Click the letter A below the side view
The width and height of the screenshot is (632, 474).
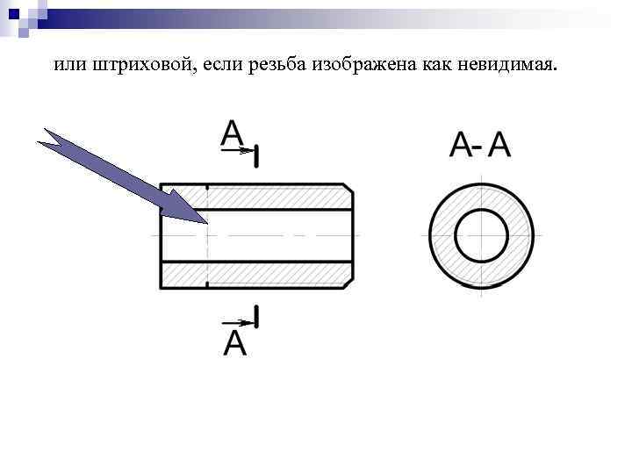pyautogui.click(x=235, y=343)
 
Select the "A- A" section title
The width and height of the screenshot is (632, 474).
pyautogui.click(x=479, y=145)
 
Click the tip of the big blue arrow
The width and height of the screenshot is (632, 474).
pyautogui.click(x=206, y=223)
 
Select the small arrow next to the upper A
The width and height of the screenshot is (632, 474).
pyautogui.click(x=236, y=151)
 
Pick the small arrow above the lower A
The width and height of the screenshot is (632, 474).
pyautogui.click(x=236, y=322)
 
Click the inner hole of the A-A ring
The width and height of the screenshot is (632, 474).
pyautogui.click(x=481, y=236)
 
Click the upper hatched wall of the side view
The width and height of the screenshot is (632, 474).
pyautogui.click(x=263, y=197)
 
